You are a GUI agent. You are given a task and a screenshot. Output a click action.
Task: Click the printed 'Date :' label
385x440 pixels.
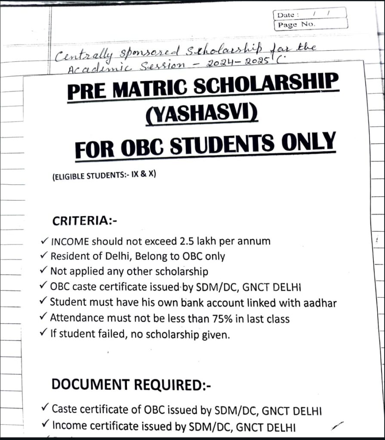286,15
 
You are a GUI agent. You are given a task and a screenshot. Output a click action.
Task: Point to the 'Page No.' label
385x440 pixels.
296,24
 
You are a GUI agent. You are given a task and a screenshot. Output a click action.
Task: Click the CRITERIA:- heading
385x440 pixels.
85,221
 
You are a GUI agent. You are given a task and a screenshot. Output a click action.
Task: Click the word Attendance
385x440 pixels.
77,319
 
